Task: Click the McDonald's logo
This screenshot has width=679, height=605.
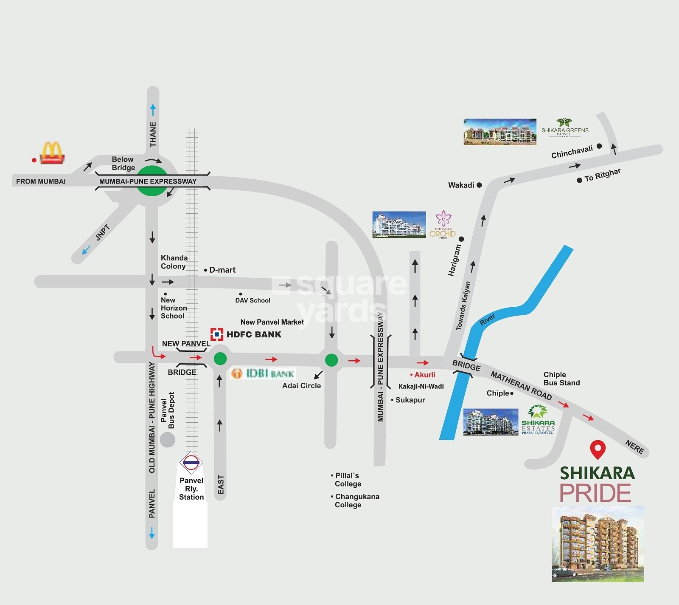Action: point(52,153)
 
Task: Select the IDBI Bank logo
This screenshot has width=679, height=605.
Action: point(263,373)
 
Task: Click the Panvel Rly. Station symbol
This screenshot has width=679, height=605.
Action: point(191,461)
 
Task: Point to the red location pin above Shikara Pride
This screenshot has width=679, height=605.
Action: point(598,450)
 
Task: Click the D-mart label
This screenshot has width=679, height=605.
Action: point(222,270)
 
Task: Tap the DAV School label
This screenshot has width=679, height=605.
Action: point(253,300)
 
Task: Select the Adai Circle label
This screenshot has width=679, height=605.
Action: point(301,386)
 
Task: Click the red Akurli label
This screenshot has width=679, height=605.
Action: point(424,375)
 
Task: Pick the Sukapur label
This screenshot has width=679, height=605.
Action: point(410,400)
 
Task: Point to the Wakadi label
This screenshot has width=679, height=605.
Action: point(461,185)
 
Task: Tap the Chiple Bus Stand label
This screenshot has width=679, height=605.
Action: point(561,379)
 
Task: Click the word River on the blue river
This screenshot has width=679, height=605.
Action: point(487,320)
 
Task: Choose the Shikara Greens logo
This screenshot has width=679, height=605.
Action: point(565,127)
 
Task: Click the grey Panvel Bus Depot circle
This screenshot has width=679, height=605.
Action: point(168,439)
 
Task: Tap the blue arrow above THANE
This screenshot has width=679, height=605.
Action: point(153,109)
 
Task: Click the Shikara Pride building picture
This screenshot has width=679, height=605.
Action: point(598,543)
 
